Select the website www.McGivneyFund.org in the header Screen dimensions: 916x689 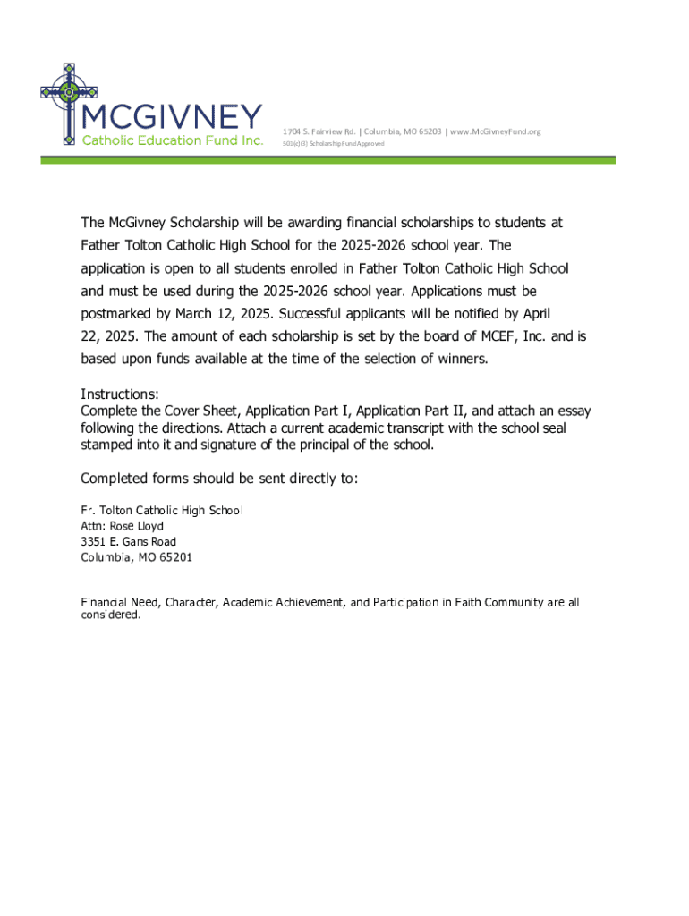coord(495,132)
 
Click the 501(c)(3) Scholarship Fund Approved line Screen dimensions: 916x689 coord(332,144)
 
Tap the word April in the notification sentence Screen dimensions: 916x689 coord(532,314)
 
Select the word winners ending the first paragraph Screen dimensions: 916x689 coord(460,360)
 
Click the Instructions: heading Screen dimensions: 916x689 coord(120,394)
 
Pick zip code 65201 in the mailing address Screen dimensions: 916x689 coord(173,557)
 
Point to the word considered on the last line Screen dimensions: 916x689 coord(110,615)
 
